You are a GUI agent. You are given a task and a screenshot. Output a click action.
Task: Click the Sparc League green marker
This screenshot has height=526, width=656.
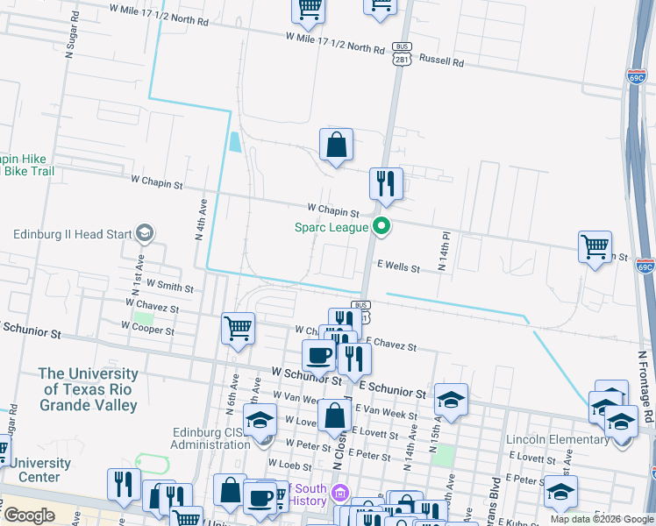(381, 227)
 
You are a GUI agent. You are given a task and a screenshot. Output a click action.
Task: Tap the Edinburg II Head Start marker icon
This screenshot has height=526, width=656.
(144, 233)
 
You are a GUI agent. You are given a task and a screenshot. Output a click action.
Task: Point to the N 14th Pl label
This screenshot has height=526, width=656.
(446, 252)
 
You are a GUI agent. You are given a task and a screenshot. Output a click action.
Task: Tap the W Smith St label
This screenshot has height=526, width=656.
(170, 285)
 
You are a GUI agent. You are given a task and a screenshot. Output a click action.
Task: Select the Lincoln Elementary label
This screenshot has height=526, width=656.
(557, 438)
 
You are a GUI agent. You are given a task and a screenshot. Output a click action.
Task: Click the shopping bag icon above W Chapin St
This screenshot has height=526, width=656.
(336, 146)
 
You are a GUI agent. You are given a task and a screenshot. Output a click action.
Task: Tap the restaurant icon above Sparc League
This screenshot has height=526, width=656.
(386, 184)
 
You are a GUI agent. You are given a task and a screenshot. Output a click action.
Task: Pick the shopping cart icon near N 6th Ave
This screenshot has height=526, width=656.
(238, 330)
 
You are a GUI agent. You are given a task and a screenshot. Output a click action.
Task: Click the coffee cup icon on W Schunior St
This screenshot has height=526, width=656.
(317, 355)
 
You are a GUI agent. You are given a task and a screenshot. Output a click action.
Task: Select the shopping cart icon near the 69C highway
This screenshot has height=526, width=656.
(595, 246)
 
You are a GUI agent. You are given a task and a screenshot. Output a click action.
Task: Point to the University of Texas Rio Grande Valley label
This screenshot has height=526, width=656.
(89, 389)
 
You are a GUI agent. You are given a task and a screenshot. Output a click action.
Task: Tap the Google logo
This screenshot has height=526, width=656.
(29, 515)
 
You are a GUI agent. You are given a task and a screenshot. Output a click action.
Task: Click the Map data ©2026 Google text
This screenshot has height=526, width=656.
(601, 519)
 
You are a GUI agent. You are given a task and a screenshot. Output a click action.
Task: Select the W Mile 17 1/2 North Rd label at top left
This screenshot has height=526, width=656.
(160, 18)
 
